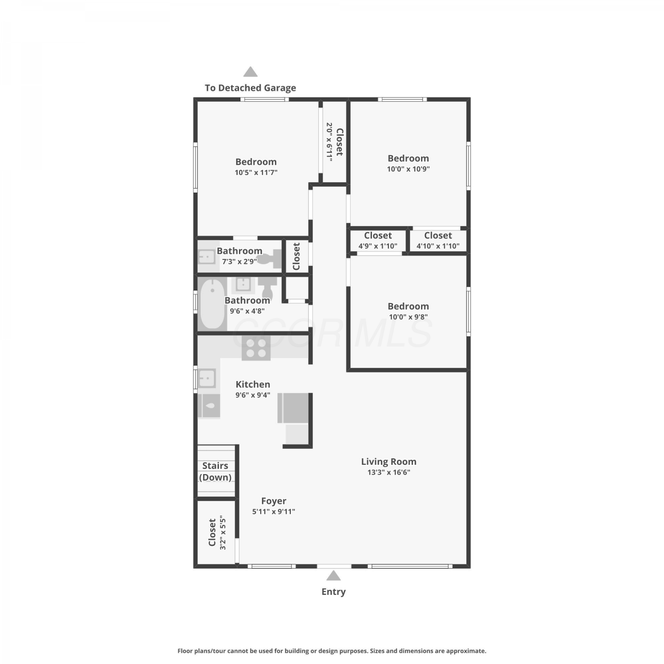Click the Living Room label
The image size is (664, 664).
click(389, 462)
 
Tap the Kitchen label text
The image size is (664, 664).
click(253, 385)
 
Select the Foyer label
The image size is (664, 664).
click(274, 501)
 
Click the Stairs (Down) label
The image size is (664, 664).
click(215, 471)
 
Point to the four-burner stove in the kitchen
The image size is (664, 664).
click(256, 348)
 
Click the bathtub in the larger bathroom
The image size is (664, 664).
click(212, 304)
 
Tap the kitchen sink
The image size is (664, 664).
click(206, 378)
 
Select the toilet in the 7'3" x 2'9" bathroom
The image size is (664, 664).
click(269, 259)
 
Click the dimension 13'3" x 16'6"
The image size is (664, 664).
click(389, 472)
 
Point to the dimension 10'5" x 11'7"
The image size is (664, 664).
click(256, 173)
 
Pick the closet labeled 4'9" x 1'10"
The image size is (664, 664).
click(378, 241)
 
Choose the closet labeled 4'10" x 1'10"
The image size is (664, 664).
click(438, 241)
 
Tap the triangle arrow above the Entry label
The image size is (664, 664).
click(333, 575)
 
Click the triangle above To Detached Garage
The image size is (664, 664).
click(251, 72)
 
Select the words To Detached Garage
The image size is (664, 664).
click(250, 88)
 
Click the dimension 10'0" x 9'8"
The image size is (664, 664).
click(408, 317)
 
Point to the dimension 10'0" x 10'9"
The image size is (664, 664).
click(408, 169)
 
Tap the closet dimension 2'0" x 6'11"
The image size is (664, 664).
click(329, 142)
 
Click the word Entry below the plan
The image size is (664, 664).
click(333, 592)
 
